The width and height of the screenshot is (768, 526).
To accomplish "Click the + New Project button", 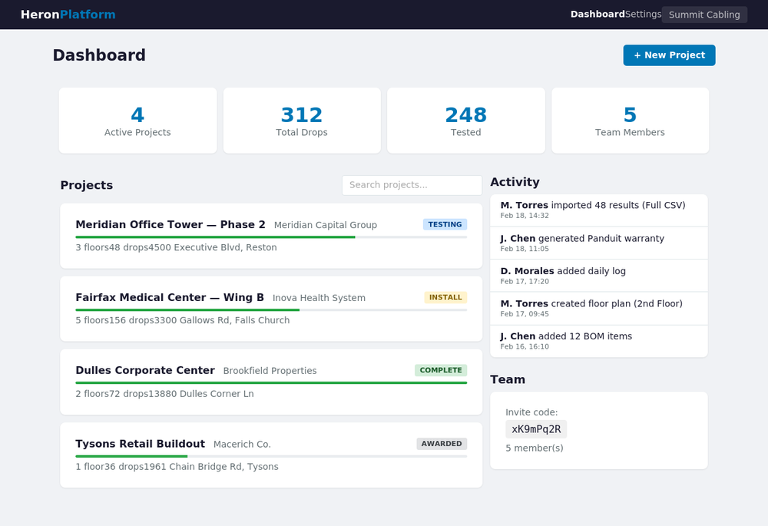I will tap(669, 55).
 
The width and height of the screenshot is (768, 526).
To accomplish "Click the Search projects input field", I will tap(412, 185).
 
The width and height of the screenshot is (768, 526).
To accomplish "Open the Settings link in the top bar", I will tap(643, 15).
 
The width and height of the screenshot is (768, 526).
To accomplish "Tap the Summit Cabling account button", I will tap(704, 15).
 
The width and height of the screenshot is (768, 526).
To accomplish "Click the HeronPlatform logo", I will tap(68, 15).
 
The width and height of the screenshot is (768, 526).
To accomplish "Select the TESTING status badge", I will tap(445, 224).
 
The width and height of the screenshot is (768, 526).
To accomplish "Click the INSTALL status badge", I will tap(445, 297).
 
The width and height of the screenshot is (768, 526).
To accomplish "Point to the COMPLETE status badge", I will tap(441, 370).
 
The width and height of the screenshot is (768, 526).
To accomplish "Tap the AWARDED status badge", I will tap(442, 444).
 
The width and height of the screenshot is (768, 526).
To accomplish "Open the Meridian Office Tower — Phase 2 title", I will tap(170, 225).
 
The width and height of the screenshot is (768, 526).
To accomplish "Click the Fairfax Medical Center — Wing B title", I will tap(170, 298).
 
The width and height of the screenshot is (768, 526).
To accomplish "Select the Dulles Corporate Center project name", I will tap(145, 371).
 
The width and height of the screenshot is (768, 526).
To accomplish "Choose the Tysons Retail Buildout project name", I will tap(140, 444).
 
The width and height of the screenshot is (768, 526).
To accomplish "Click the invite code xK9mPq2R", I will tap(536, 429).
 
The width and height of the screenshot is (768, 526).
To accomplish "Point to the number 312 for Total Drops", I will tap(302, 115).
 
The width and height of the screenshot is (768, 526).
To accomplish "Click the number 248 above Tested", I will tap(465, 115).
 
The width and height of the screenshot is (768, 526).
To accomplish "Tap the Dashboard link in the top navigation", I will tap(597, 15).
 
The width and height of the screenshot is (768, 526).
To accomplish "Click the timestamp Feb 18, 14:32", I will tap(525, 217).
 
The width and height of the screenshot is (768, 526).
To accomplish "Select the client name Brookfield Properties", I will tap(270, 371).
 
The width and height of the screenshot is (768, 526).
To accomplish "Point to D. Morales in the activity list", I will tap(527, 271).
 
